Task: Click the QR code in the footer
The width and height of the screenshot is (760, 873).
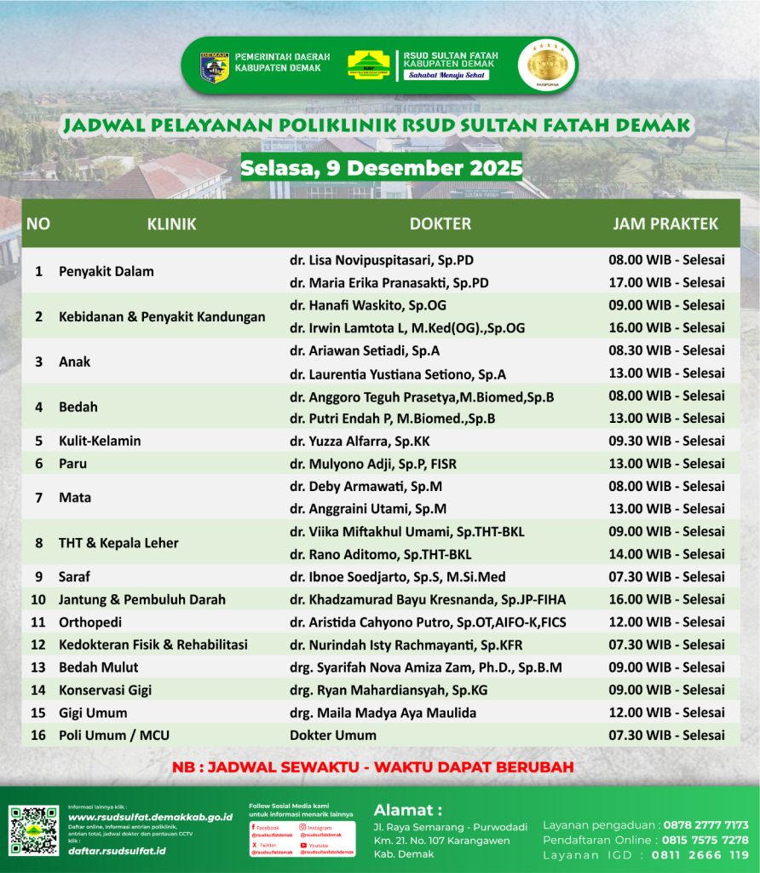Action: coord(34,830)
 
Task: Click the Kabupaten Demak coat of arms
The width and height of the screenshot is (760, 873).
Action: coord(214,66)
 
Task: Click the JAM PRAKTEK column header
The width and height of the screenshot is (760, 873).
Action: coord(665,224)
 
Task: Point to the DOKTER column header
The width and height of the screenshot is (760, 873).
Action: coord(440,224)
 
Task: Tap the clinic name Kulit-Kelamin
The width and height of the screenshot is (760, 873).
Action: coord(100,441)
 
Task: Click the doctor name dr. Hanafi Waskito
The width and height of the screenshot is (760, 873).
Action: coord(368,305)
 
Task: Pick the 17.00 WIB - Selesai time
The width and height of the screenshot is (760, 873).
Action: coord(666,282)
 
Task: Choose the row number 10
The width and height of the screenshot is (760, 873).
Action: coord(38,599)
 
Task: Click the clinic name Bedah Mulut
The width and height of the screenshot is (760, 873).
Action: coord(98,668)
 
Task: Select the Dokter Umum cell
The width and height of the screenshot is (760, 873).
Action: coord(333,735)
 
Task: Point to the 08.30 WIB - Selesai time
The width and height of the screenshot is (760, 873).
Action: coord(666,350)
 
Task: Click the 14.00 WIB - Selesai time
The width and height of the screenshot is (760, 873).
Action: coord(666,554)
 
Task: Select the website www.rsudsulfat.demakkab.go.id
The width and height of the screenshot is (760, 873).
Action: coord(150,817)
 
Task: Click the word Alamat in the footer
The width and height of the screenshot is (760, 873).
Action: coord(408,809)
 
